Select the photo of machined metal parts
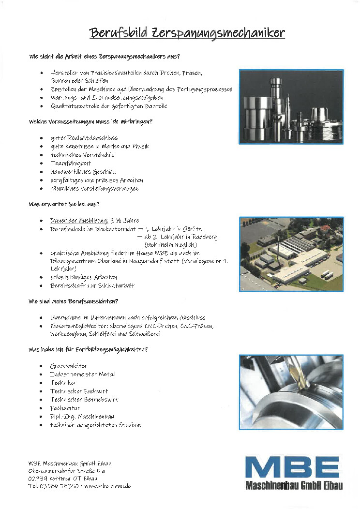(291, 106)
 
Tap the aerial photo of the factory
(291, 254)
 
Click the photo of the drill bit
(291, 392)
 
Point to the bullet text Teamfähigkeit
(71, 163)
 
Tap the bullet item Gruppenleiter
(69, 366)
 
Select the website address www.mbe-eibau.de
(107, 485)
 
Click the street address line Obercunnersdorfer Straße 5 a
(66, 470)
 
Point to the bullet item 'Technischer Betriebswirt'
(84, 400)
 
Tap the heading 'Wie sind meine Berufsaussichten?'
(73, 301)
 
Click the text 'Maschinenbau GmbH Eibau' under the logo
(294, 486)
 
